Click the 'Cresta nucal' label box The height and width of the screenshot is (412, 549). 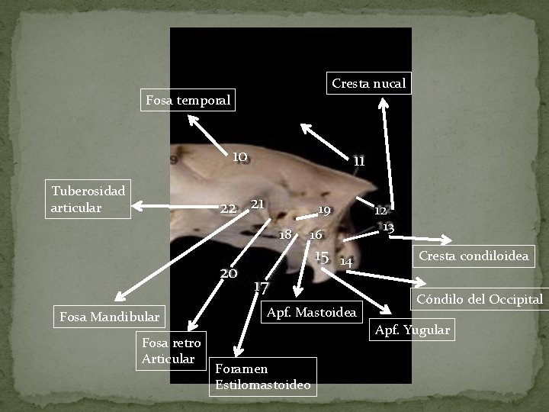click(x=368, y=82)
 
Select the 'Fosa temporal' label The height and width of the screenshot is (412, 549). click(x=188, y=100)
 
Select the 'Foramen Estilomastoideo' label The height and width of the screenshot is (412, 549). click(x=263, y=377)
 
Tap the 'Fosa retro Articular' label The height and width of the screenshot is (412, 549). click(x=171, y=351)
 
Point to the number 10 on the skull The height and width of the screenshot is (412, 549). click(x=239, y=156)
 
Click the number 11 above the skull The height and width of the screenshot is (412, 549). click(x=359, y=161)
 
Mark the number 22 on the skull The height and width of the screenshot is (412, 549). click(x=228, y=208)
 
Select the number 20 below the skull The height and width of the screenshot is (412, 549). click(x=228, y=273)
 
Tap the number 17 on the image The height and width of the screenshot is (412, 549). click(x=261, y=287)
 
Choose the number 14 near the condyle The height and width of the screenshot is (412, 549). click(x=346, y=262)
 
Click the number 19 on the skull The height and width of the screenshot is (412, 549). click(x=324, y=210)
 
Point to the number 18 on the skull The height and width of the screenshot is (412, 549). click(x=286, y=233)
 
